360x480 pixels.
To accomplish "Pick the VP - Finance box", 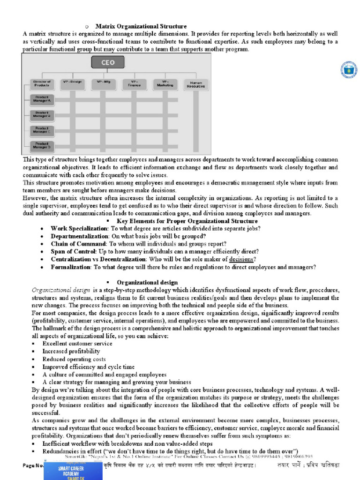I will point(135,83).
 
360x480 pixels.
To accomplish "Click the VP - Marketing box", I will point(165,83).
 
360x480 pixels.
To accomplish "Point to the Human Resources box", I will point(195,84).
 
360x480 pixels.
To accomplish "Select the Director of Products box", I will point(42,83).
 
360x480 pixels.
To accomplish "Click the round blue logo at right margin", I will point(349,70).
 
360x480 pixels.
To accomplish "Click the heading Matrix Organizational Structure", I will point(141,26).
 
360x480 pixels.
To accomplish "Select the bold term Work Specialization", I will point(79,228).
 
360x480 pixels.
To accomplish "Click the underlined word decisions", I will point(242,259).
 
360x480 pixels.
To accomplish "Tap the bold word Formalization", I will point(71,267).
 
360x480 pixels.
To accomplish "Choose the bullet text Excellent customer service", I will point(77,344).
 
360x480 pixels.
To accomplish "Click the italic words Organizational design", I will point(60,290).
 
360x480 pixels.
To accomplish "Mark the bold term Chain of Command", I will point(79,244).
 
